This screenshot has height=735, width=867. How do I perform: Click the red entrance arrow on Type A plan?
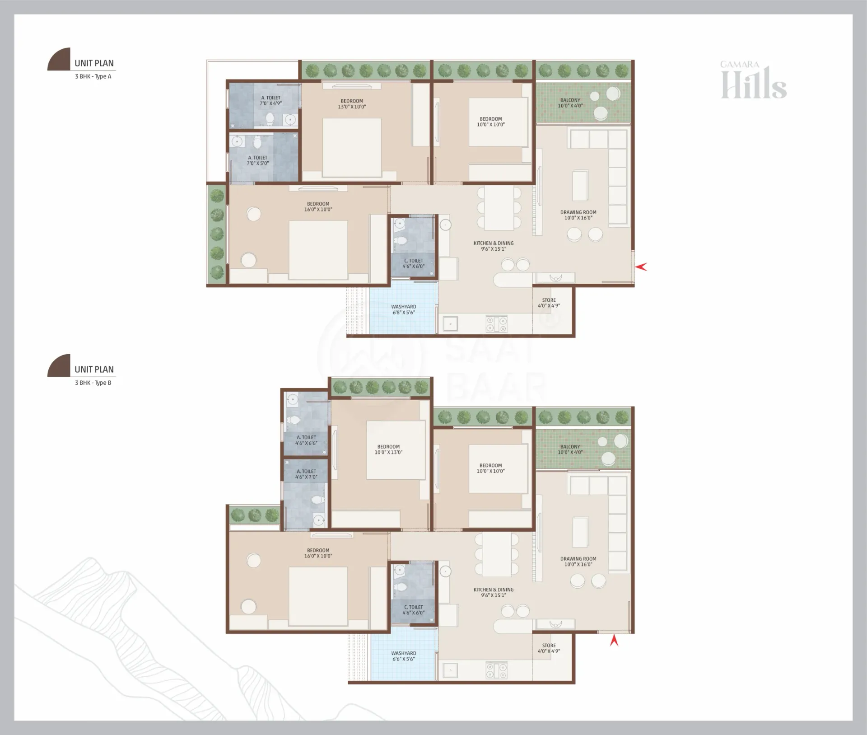click(641, 267)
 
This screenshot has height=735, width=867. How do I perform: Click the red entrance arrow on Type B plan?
click(614, 640)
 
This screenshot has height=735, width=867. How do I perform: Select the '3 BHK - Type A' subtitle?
click(93, 76)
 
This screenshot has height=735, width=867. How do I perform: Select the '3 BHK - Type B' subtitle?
click(93, 383)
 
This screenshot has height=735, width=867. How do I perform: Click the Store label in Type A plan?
click(549, 303)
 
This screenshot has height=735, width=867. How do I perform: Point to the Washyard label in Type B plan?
click(404, 656)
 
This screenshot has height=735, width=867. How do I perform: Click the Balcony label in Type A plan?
click(570, 103)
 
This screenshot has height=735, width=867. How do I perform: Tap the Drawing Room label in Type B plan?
click(578, 562)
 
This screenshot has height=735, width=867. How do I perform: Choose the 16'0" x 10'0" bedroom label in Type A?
click(318, 206)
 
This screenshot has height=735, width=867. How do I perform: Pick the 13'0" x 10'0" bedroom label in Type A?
click(352, 104)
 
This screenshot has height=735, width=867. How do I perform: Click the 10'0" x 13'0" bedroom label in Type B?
click(388, 449)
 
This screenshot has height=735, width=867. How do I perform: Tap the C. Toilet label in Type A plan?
click(414, 263)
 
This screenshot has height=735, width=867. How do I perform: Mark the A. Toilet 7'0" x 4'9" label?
click(270, 100)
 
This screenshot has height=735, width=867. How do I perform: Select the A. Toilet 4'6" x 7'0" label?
click(306, 474)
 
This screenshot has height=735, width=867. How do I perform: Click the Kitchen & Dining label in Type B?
click(494, 592)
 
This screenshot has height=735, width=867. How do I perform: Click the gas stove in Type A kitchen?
click(496, 323)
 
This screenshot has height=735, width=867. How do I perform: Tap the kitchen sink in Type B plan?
click(450, 670)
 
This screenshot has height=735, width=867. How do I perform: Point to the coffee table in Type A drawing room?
click(580, 185)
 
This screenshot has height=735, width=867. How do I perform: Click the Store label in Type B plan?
click(549, 648)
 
